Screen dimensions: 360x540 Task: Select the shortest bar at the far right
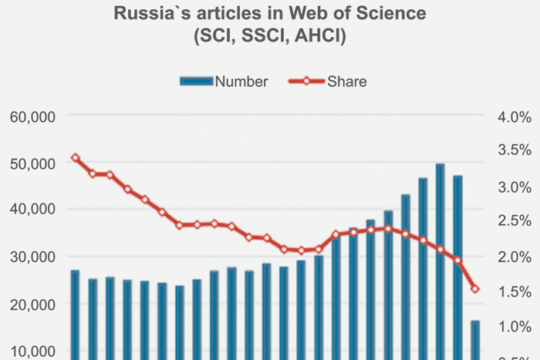(x=475, y=339)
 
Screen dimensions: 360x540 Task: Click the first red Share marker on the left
(x=75, y=158)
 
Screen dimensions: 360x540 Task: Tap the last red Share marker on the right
(x=475, y=289)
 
